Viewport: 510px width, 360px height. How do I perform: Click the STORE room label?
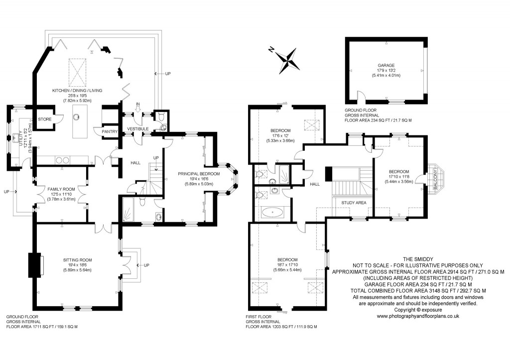(x=45, y=119)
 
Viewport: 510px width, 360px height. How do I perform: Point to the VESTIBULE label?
(x=138, y=129)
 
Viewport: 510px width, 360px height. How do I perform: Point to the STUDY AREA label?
(x=354, y=203)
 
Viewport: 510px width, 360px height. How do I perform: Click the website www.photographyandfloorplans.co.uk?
(x=417, y=316)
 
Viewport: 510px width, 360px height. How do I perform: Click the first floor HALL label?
(x=315, y=184)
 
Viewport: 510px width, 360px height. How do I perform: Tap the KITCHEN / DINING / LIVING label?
(x=77, y=90)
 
